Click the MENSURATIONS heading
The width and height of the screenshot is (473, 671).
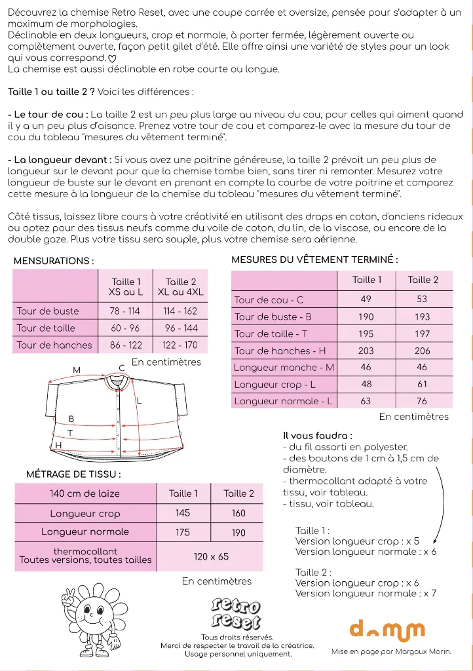53,261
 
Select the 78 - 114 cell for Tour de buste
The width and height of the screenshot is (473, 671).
124,311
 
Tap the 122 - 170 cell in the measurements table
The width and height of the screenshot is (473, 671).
181,345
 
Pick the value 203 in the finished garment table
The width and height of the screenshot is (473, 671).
366,351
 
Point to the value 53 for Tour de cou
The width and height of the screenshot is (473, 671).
422,299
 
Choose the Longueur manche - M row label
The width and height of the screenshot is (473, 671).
284,368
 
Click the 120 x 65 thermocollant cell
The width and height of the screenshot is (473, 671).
211,556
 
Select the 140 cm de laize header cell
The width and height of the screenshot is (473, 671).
85,493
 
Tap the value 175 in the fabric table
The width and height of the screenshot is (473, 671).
183,532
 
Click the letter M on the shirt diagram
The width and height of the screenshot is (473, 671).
77,370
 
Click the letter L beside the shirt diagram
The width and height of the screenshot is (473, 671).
140,400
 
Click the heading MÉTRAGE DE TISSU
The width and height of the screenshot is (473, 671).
73,474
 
